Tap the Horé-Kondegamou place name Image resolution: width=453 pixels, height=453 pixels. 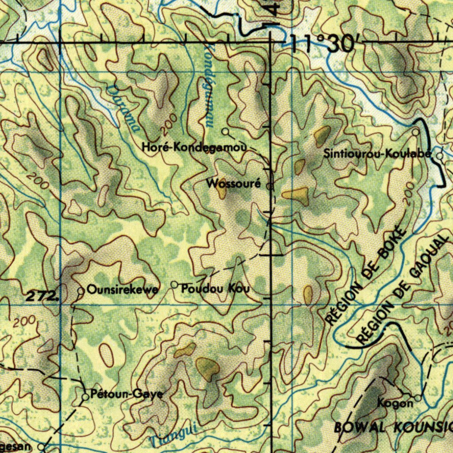coord(194,147)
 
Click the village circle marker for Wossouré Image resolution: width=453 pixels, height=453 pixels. coord(270,186)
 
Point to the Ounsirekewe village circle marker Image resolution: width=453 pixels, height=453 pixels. coord(81,291)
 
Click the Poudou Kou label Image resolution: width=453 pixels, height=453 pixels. coord(216,289)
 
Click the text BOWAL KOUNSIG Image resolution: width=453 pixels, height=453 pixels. coord(393,428)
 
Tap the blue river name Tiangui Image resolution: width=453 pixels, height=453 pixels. coord(173,436)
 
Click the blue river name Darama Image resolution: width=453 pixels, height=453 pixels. coord(124,108)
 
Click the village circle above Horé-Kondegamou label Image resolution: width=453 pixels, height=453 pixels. coord(226,131)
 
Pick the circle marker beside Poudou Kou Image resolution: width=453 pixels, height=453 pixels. coord(175,284)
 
